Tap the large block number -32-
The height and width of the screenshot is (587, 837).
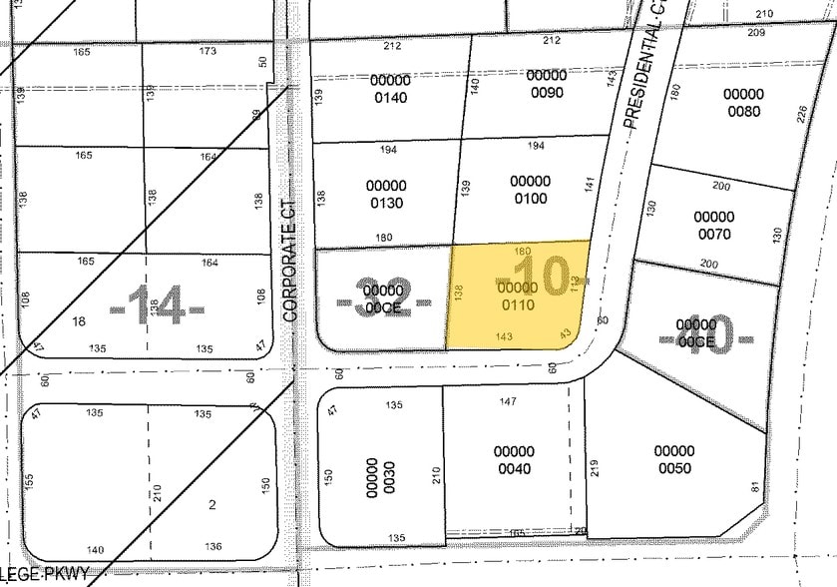(384, 300)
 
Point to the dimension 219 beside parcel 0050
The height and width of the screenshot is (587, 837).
(595, 468)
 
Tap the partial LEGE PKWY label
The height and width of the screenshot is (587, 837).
(45, 574)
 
